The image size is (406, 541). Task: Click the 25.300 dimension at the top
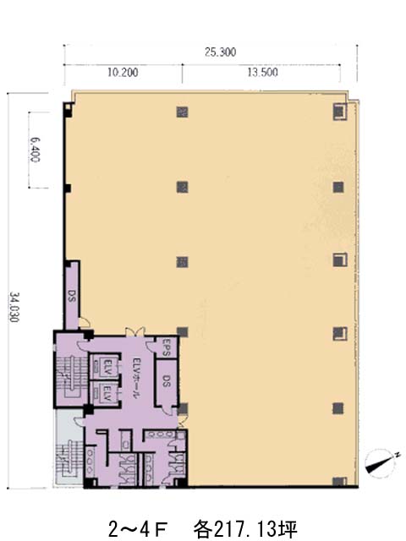point(220,52)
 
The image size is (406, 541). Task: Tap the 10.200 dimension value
point(123,73)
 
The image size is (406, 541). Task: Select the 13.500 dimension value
point(262,72)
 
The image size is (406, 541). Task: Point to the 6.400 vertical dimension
point(35,150)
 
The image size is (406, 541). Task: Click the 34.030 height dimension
point(14,308)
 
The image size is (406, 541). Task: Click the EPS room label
point(167,347)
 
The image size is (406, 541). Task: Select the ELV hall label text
point(137,379)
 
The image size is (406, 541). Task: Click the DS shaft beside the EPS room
point(167,381)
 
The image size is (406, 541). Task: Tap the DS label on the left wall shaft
point(71,296)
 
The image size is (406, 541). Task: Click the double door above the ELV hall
point(134,331)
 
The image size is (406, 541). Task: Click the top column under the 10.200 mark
point(183,112)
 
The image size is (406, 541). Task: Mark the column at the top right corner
point(339,112)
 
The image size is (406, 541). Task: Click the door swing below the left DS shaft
point(85,322)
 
